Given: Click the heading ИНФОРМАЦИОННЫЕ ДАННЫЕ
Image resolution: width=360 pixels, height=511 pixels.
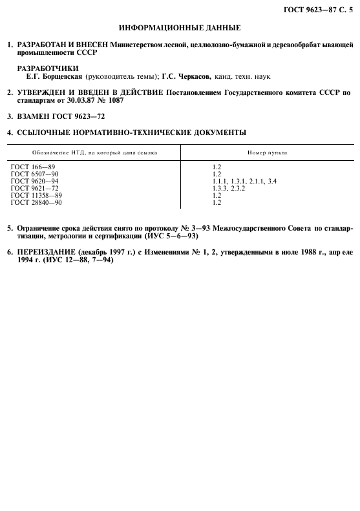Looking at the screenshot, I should tap(180, 28).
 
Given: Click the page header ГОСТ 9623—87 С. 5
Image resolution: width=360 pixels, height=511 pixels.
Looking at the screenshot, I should tap(319, 7).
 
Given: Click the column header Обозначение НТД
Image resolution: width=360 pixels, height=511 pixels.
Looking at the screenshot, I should tap(61, 152).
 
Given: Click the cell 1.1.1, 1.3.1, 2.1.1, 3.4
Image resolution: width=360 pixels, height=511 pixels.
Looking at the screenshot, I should tap(245, 182).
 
